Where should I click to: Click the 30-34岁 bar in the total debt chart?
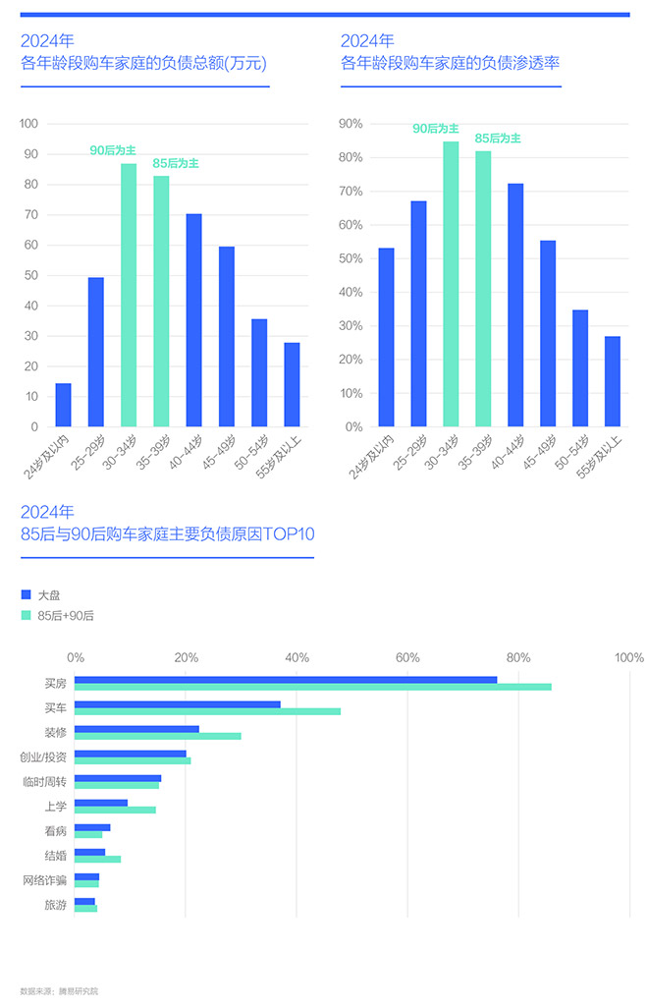coord(129,295)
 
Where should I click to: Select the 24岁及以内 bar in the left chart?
coord(63,405)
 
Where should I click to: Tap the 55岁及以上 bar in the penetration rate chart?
coord(613,381)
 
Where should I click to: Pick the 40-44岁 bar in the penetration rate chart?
coord(515,305)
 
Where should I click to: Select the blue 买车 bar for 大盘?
coord(178,704)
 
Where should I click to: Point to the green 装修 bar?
coord(157,736)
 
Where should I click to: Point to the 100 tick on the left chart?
coord(28,124)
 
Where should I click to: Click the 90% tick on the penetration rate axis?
coord(351,124)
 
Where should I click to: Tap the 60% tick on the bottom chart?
coord(406,657)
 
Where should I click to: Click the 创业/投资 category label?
coord(43,757)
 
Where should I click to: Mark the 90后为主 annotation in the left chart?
coord(113,149)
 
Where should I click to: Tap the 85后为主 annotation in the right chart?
coord(498,139)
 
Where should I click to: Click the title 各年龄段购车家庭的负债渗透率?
coord(450,64)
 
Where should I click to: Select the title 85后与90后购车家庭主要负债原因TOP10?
coord(167,535)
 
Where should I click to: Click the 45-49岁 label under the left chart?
coord(224,450)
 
